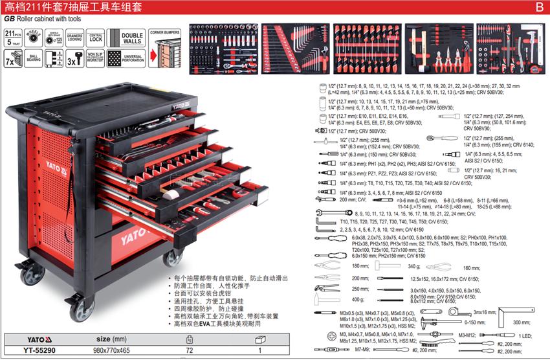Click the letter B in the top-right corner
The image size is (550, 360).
(x=538, y=8)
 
